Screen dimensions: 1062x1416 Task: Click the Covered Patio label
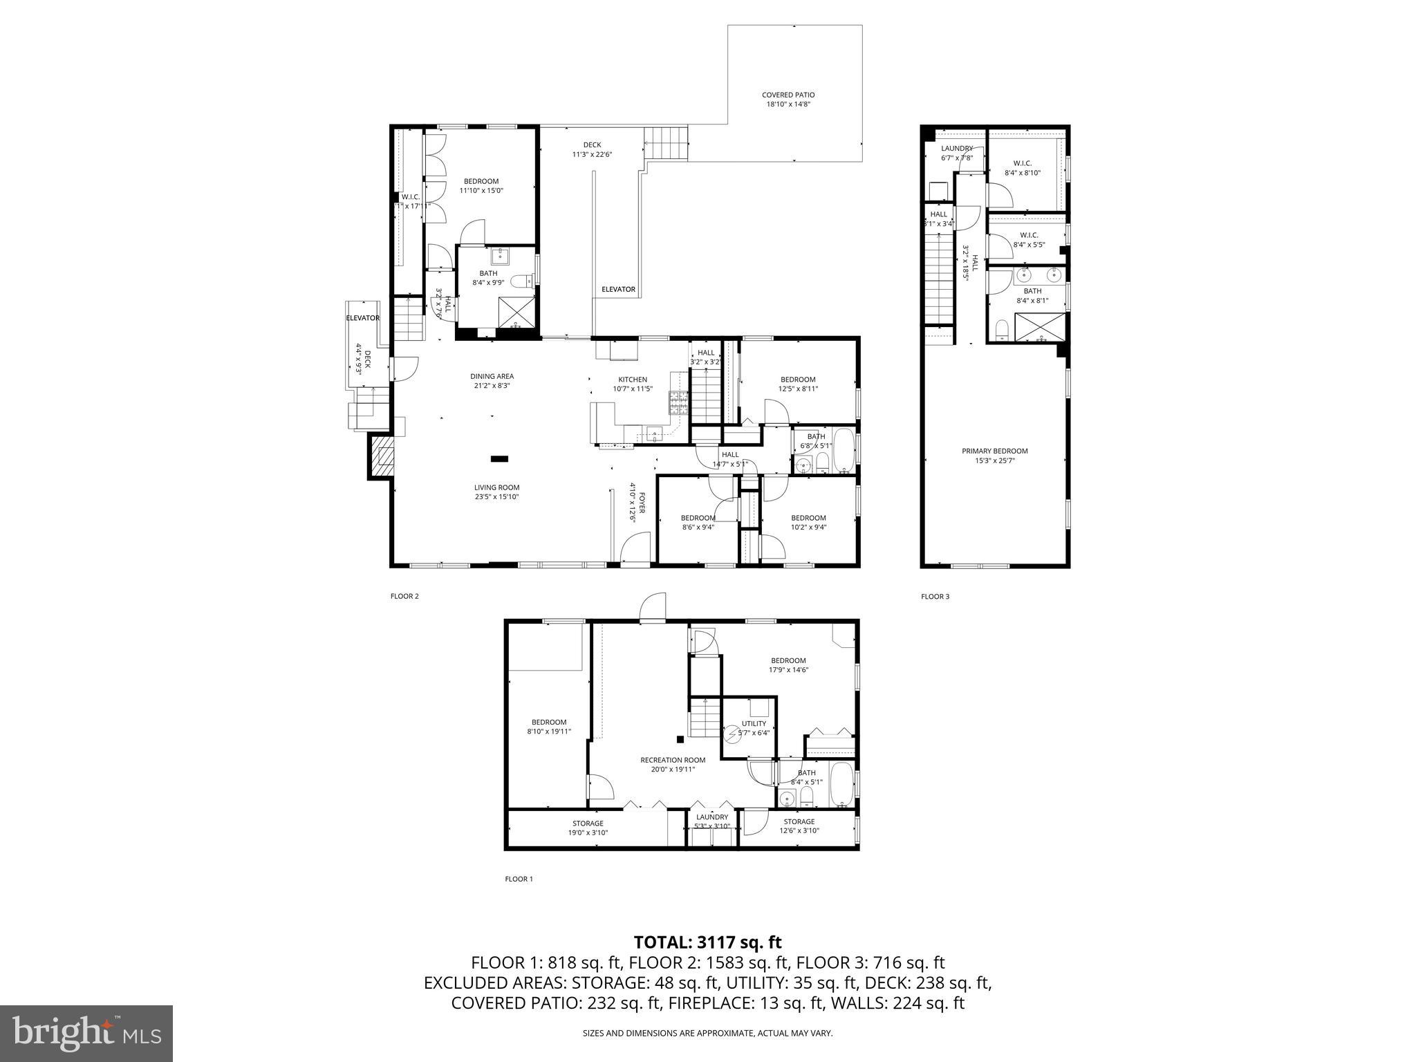(x=788, y=95)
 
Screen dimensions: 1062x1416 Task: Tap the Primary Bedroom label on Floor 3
(x=994, y=451)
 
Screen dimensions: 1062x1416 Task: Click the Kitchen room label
(x=632, y=380)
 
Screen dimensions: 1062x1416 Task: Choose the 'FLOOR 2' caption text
(x=404, y=596)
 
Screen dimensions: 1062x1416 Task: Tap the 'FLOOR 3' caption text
(x=935, y=596)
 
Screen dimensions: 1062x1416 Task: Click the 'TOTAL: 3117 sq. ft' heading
(x=707, y=942)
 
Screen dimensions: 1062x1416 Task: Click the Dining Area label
(x=492, y=377)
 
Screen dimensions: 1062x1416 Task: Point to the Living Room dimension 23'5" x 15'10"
(x=496, y=496)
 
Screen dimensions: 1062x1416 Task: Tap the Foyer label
(x=641, y=503)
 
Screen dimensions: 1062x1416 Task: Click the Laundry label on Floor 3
(x=956, y=149)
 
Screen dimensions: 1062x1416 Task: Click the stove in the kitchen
(x=677, y=402)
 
